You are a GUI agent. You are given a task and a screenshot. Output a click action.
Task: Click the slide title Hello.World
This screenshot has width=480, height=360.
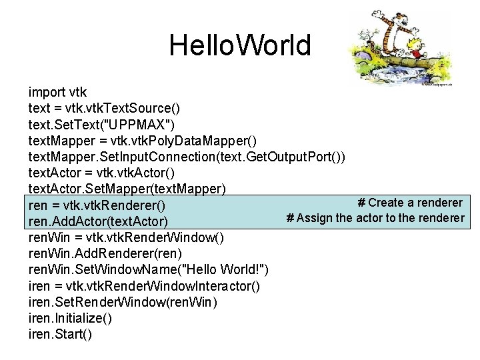pos(239,45)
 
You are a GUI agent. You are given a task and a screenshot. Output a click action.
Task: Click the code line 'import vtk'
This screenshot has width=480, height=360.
pos(57,92)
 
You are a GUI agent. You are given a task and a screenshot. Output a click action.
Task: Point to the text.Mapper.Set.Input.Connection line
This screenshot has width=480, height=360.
pos(187,156)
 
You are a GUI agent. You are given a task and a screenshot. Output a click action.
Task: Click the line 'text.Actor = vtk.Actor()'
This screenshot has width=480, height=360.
pos(101,172)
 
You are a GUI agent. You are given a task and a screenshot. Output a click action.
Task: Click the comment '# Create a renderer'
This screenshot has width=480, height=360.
pos(409,202)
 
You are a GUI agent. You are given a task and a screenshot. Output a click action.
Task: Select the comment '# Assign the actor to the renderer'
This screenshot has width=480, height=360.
pos(375,218)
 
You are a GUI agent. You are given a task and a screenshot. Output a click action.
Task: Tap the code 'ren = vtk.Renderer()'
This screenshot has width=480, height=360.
pos(97,205)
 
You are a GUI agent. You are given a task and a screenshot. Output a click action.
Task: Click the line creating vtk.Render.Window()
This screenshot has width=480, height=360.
pos(126,237)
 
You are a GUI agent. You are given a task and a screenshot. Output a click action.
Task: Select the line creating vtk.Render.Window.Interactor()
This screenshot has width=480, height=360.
pos(144,286)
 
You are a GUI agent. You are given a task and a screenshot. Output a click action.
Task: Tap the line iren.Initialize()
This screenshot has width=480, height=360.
pos(70,318)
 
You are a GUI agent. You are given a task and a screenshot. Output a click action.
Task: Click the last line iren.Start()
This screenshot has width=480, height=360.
pos(61,334)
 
